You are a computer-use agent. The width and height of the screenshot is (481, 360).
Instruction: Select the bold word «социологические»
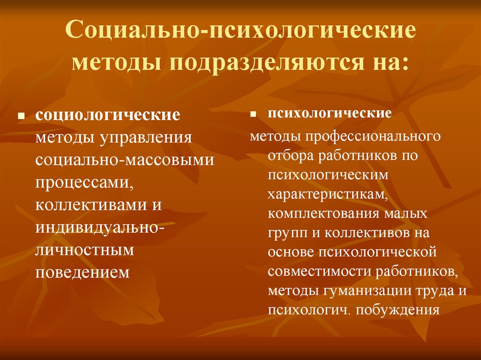[x=108, y=115]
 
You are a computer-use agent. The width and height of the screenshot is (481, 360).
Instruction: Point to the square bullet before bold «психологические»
[x=253, y=114]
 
